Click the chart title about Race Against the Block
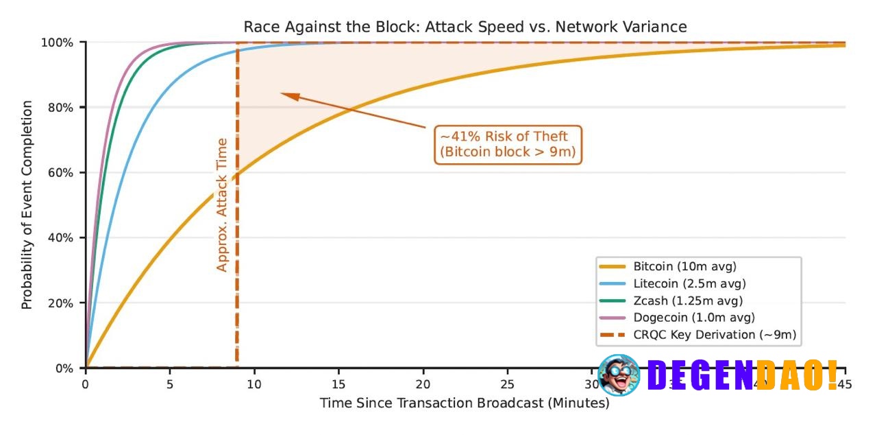click(465, 27)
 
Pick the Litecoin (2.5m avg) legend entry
click(689, 283)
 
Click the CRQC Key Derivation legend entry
click(715, 335)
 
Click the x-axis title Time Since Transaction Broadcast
click(465, 403)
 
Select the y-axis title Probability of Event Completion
click(27, 205)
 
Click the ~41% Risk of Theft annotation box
click(508, 144)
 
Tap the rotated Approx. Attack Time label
click(222, 205)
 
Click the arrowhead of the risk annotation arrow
click(286, 95)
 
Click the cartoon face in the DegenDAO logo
click(619, 375)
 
